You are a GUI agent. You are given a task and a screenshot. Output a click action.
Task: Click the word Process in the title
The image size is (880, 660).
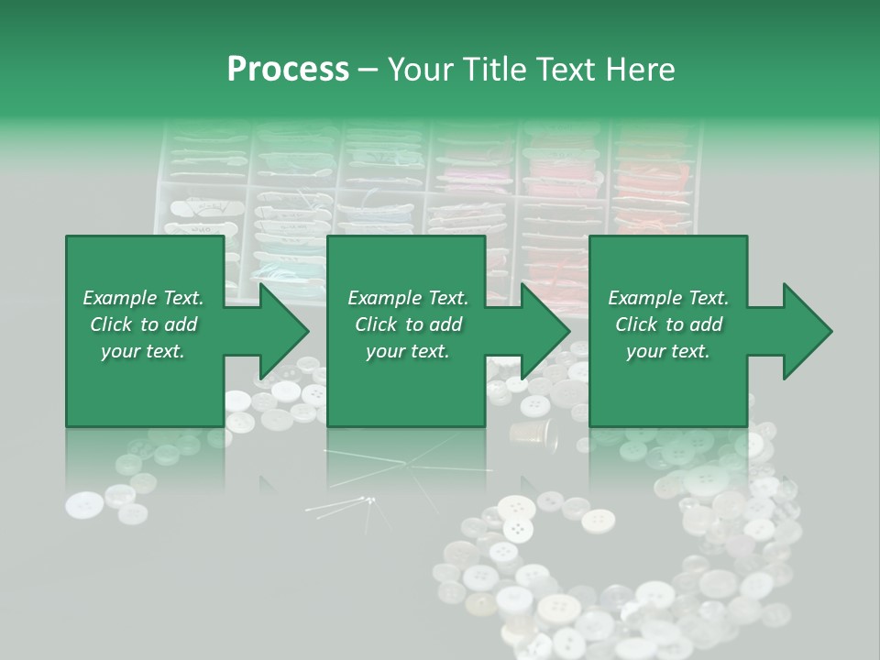click(288, 70)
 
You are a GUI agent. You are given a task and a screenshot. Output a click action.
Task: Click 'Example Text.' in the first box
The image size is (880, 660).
click(143, 298)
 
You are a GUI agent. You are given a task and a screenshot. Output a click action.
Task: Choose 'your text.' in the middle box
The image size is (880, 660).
click(408, 351)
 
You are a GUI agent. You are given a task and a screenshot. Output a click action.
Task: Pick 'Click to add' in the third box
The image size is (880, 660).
click(668, 324)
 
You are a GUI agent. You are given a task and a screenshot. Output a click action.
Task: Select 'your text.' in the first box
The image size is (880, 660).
click(143, 351)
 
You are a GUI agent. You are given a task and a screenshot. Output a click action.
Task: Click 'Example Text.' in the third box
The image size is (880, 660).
click(668, 298)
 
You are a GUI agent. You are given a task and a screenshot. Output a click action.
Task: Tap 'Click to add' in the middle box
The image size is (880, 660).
click(408, 324)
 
